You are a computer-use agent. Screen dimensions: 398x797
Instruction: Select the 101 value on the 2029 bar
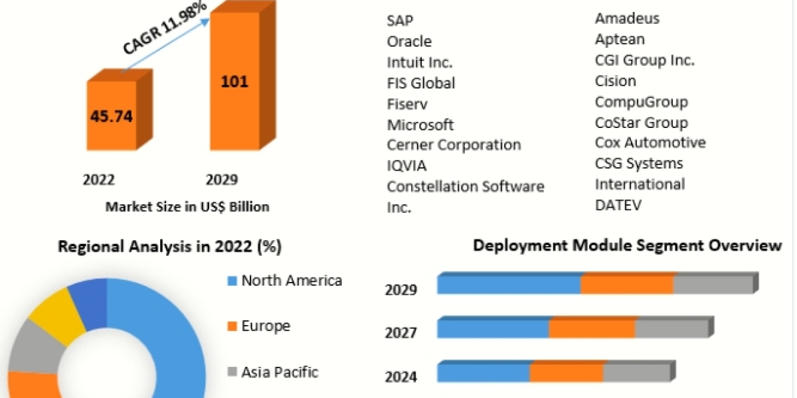tap(234, 82)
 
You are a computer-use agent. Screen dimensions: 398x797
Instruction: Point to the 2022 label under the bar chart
tap(98, 180)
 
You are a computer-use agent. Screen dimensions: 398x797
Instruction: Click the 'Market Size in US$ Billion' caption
tap(187, 207)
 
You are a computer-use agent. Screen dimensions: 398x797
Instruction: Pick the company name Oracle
tap(409, 41)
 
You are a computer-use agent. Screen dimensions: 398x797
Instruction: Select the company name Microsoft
tap(420, 125)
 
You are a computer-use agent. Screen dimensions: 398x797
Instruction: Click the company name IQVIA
tap(406, 166)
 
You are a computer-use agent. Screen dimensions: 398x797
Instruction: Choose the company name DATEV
tap(618, 205)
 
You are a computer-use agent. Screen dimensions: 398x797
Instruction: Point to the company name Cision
tap(616, 81)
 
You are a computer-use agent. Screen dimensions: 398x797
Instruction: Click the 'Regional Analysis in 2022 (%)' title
tap(170, 247)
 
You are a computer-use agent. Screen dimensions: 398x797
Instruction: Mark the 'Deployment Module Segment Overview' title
tap(627, 245)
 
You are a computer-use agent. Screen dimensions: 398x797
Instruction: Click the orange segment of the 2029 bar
tap(627, 285)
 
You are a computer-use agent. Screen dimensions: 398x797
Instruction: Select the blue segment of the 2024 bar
tap(483, 373)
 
